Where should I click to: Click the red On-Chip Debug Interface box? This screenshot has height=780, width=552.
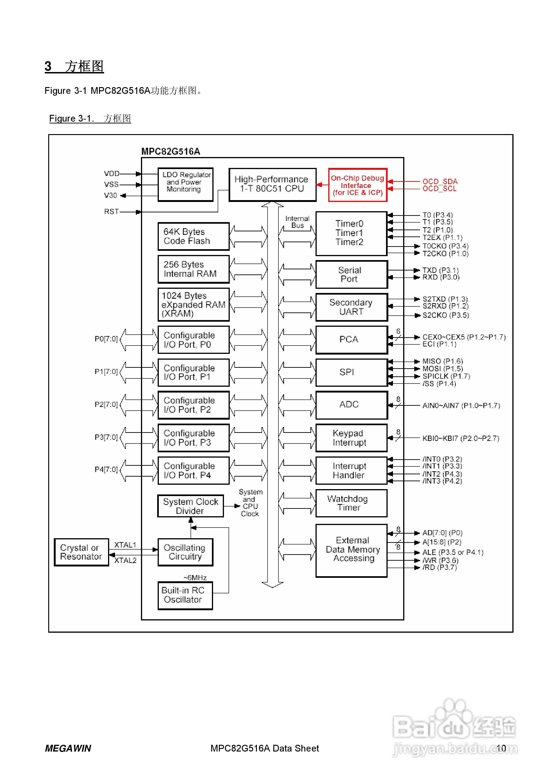pos(357,185)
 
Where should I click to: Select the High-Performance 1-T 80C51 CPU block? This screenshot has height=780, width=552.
pos(272,185)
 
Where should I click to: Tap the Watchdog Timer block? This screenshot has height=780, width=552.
pos(351,503)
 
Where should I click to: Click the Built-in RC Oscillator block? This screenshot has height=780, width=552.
pos(185,595)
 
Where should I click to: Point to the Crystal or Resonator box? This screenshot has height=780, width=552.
pos(81,552)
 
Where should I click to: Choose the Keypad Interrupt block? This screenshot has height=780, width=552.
pos(351,438)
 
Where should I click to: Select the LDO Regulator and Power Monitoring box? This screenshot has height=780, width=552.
pos(185,185)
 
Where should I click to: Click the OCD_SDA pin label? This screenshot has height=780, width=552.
pos(440,181)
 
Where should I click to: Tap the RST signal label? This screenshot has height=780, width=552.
pos(112,212)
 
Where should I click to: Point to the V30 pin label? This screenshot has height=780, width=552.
pos(111,195)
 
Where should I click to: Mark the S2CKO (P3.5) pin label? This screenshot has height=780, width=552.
pos(446,315)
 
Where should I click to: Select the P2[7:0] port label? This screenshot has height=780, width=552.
pos(106,404)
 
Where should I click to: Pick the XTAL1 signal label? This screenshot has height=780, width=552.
pos(125,545)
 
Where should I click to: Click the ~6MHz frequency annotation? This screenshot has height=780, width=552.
pos(195,578)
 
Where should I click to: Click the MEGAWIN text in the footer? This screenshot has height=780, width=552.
pos(68,749)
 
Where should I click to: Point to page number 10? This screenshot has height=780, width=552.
pos(501,748)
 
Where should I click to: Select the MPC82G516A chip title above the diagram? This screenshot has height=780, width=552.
pos(171,151)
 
